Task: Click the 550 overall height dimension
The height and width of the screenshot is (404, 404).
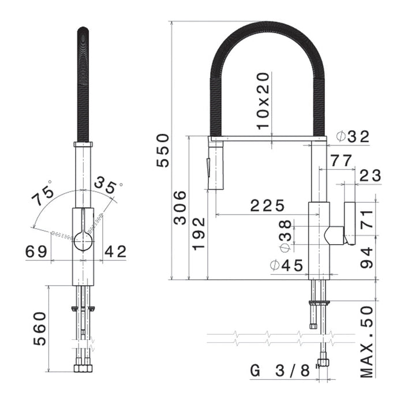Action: tap(163, 149)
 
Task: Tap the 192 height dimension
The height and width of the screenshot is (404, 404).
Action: tap(199, 233)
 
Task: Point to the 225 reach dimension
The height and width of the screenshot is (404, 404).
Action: tap(267, 205)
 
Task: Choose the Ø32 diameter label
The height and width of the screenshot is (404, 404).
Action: tap(351, 137)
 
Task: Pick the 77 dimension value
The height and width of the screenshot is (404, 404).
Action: tap(341, 160)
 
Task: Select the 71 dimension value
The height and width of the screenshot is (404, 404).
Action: tap(368, 218)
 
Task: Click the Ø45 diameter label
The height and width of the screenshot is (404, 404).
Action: tap(286, 266)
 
